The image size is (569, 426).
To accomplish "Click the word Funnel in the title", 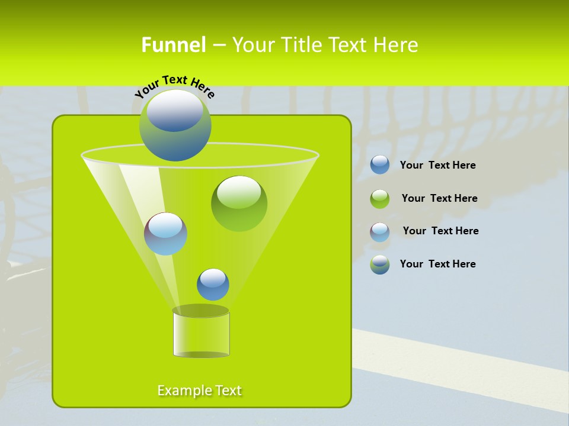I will tap(173, 44).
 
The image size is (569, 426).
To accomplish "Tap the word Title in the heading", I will tap(301, 44).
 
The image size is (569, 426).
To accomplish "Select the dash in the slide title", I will tap(218, 45).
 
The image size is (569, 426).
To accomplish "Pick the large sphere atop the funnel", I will tap(175, 125).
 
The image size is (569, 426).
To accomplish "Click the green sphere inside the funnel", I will tap(239, 203).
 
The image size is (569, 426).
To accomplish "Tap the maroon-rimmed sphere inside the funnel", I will tap(165, 234).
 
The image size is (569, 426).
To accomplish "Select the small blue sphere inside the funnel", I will tap(213, 284).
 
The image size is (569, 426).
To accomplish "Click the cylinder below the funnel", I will tap(201, 332).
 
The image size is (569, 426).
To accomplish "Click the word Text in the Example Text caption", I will tap(228, 390).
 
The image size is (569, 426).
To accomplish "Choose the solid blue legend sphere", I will tap(380, 165).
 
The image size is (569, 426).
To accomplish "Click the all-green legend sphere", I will tap(380, 199).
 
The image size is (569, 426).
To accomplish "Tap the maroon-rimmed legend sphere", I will tap(380, 232).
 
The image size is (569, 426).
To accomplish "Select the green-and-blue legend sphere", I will tap(380, 264).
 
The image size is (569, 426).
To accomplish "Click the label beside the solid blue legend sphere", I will tap(437, 166).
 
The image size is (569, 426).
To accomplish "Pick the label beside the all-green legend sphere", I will tap(439, 199).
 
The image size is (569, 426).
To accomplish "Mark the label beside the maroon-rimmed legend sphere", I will tap(440, 231).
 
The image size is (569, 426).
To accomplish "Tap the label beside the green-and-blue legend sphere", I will tap(437, 264).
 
